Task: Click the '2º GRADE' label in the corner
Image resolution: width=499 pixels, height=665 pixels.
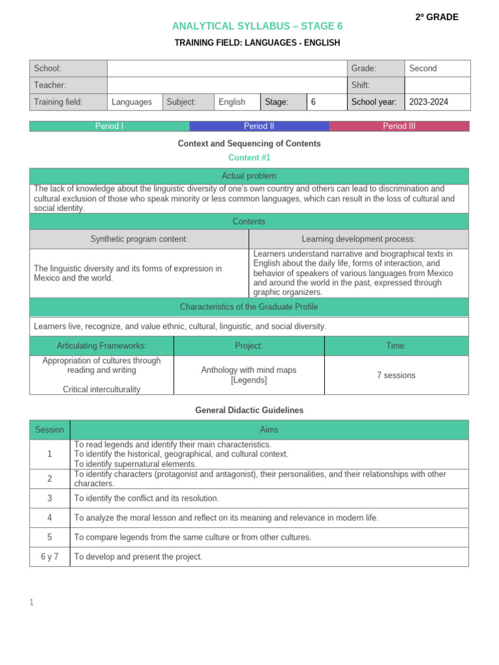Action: point(437,17)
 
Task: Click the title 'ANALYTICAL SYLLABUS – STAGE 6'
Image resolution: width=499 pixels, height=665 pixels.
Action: point(257,26)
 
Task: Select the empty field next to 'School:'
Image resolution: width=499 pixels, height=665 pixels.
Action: point(227,68)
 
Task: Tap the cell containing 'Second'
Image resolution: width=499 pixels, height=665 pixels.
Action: point(437,68)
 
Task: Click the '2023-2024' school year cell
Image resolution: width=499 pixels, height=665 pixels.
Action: point(437,102)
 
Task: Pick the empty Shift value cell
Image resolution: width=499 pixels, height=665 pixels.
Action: point(437,85)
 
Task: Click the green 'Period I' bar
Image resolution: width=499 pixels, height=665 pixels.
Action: point(109,126)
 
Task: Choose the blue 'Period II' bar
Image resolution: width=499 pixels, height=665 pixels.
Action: point(259,126)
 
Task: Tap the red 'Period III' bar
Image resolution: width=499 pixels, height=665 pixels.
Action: point(399,126)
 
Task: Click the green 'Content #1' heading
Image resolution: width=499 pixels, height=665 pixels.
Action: point(249,158)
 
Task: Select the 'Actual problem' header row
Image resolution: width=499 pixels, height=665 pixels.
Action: point(249,176)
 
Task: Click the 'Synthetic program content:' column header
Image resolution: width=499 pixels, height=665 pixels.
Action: point(139,239)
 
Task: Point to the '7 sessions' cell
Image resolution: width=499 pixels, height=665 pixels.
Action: point(396,375)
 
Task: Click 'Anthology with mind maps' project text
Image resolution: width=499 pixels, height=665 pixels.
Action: point(249,370)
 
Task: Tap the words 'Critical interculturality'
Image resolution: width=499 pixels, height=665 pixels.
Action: point(101,389)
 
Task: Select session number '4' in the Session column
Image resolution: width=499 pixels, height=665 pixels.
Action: point(50,518)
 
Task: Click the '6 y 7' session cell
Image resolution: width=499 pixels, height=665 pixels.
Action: point(50,557)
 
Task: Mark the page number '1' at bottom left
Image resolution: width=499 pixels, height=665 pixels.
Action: point(32,603)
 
